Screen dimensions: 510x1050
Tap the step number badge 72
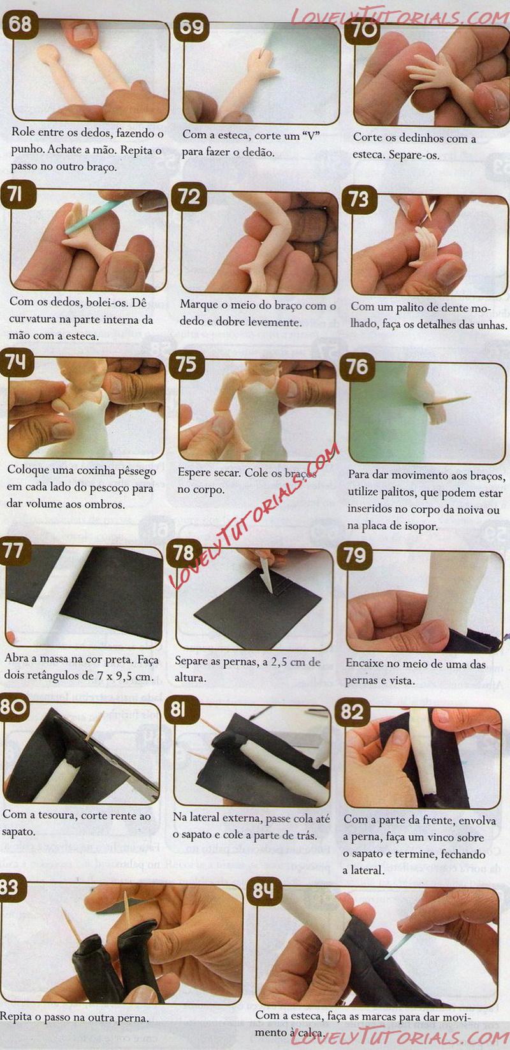pos(189,196)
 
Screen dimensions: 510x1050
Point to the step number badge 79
pos(354,556)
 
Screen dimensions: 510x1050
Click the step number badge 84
pos(264,891)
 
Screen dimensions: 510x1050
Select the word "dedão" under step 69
pos(259,152)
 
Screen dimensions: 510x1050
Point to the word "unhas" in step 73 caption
pos(492,324)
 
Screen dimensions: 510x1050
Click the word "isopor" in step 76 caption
pos(420,526)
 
